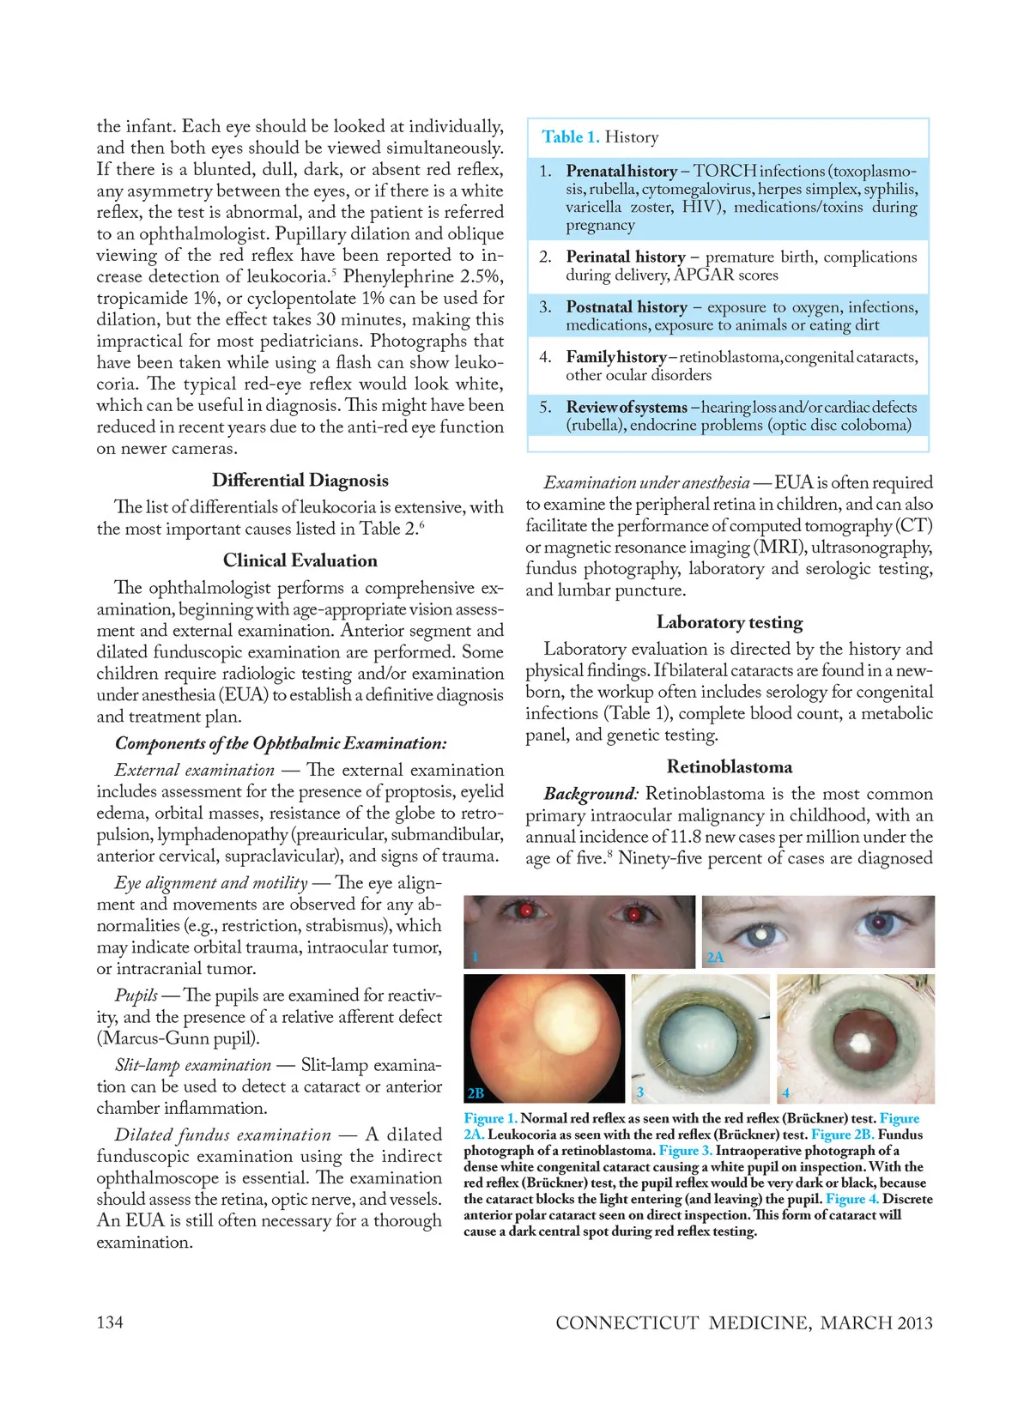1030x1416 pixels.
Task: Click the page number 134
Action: coord(110,1322)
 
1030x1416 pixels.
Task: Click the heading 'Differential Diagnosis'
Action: coord(300,481)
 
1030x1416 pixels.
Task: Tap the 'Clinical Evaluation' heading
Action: coord(300,560)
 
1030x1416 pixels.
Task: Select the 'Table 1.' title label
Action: coord(571,137)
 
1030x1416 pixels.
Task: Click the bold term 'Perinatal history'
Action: coord(626,257)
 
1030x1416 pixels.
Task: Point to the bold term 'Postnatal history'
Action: coord(627,307)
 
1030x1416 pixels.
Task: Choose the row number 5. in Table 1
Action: coord(546,407)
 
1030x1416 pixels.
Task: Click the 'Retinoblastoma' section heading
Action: coord(730,766)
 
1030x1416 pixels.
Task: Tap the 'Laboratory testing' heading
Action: coord(730,622)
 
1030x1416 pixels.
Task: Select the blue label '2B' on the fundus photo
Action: coord(476,1092)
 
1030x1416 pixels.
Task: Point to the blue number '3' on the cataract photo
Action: coord(640,1092)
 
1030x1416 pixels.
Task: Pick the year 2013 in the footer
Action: coord(914,1322)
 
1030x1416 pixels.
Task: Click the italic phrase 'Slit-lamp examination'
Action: coord(193,1065)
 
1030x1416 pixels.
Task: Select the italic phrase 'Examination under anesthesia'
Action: coord(646,483)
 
